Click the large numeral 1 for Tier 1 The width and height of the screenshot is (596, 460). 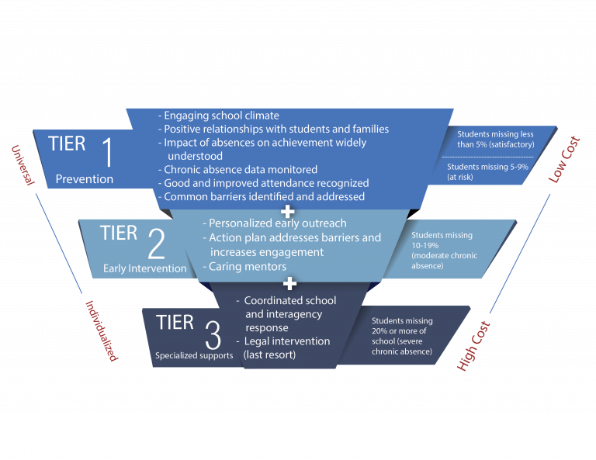(108, 152)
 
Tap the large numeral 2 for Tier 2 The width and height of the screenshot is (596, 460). (156, 244)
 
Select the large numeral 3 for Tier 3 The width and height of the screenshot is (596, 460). (213, 334)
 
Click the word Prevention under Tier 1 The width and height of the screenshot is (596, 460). (85, 179)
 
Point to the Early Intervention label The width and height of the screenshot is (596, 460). (145, 268)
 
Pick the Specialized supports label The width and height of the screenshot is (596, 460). (194, 355)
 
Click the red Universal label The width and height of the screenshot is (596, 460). (23, 165)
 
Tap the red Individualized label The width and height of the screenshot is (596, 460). (102, 330)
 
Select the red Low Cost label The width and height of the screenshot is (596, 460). (564, 159)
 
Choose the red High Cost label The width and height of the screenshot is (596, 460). (473, 346)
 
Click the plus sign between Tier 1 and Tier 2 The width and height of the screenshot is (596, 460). (287, 212)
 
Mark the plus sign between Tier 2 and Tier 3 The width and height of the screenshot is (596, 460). (289, 283)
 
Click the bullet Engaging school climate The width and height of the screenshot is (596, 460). (219, 116)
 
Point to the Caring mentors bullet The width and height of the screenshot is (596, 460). (244, 266)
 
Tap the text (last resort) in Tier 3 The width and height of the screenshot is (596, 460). (269, 355)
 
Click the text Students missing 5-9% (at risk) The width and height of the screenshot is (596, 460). (487, 171)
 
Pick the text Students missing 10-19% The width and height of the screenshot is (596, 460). (442, 240)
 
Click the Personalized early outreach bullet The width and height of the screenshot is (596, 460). (275, 223)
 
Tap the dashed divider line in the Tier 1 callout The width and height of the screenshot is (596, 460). (487, 157)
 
